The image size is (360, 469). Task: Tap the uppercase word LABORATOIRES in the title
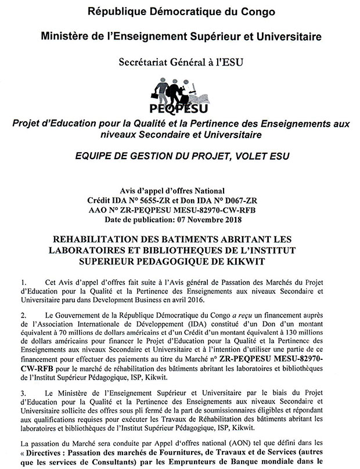point(117,250)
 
